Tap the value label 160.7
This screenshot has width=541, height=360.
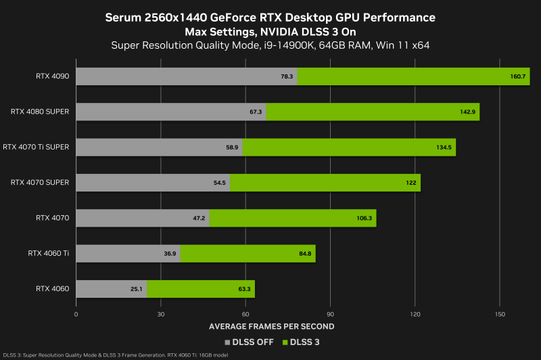coord(518,76)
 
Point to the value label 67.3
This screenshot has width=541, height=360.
coord(256,112)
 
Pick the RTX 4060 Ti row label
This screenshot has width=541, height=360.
coord(49,253)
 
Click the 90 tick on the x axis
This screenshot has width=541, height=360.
coord(331,315)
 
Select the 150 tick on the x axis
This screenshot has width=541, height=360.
coord(500,315)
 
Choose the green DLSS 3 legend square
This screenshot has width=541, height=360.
coord(286,342)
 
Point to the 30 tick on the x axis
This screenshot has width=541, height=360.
coord(161,315)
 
